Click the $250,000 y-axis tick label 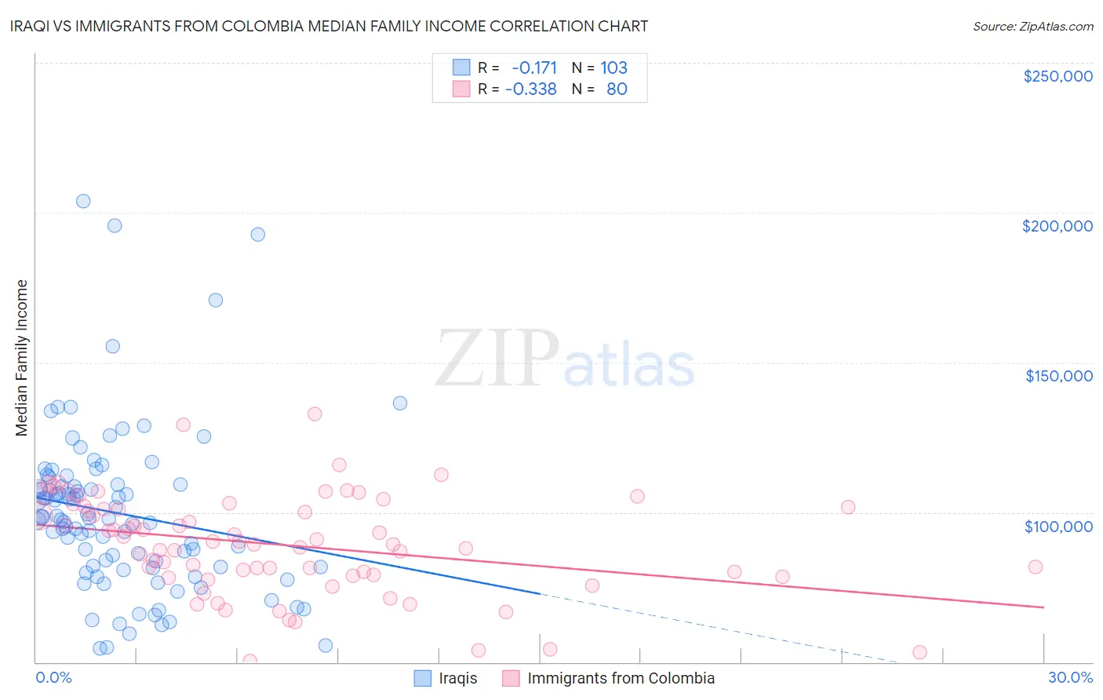(x=1057, y=76)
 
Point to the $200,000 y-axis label (x=1057, y=226)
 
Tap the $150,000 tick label (x=1058, y=376)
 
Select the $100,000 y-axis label (x=1058, y=527)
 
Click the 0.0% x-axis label (x=53, y=678)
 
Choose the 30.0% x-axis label (x=1070, y=678)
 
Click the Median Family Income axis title (x=22, y=358)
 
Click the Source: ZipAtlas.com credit (x=1032, y=26)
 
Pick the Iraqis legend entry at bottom (x=457, y=679)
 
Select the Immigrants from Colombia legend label (x=621, y=679)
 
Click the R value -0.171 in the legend (x=533, y=68)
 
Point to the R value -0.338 (x=531, y=89)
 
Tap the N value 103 (x=613, y=68)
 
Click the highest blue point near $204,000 (x=83, y=201)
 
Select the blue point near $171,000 (x=216, y=300)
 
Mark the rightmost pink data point (x=1035, y=567)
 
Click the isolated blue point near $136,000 (x=400, y=403)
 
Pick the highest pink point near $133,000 (x=315, y=414)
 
